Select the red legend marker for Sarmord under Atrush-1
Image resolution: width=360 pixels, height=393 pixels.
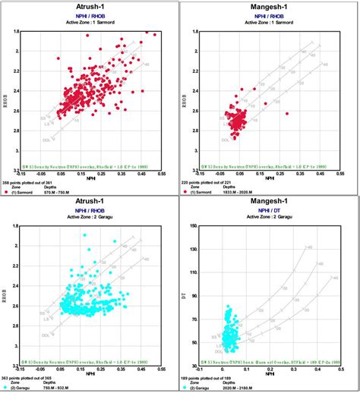tap(7, 193)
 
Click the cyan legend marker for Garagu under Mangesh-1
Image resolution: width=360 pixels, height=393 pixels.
tap(187, 387)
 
